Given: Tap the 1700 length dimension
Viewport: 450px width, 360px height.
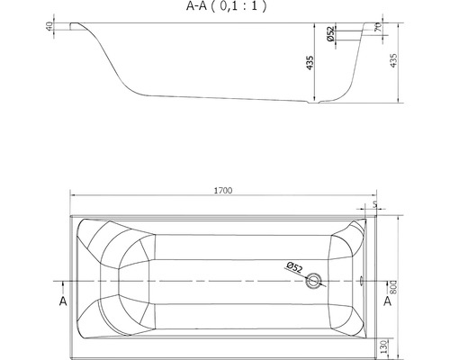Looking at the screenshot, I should pos(224,191).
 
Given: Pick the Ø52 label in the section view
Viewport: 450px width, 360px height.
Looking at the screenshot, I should pos(330,37).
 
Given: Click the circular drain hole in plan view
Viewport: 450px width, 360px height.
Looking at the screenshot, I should pos(312,281).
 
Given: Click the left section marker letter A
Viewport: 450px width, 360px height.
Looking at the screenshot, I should pos(62,301).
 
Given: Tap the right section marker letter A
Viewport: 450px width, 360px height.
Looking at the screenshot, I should pos(387,301).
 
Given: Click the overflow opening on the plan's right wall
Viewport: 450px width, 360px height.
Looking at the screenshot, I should pos(360,280).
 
